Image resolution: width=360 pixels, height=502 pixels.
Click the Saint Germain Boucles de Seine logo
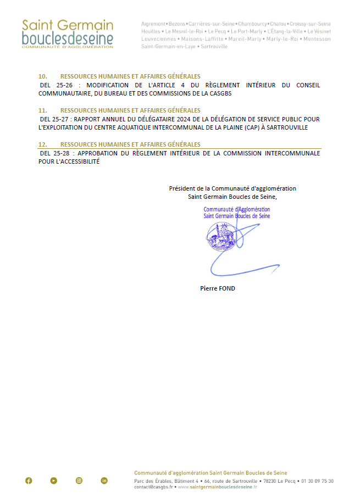point(67,34)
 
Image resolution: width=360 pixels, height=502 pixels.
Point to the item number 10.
point(43,76)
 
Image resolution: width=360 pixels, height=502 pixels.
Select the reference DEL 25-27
point(54,119)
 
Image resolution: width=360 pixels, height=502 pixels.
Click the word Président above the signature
point(182,188)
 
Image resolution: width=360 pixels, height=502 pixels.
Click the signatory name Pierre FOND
point(218,288)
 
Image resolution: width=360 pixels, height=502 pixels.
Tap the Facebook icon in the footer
point(29,481)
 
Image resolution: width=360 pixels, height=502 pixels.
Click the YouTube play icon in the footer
point(53,481)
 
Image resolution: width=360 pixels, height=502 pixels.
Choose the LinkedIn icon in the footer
point(104,481)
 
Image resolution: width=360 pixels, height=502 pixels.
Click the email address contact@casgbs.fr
point(153,487)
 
